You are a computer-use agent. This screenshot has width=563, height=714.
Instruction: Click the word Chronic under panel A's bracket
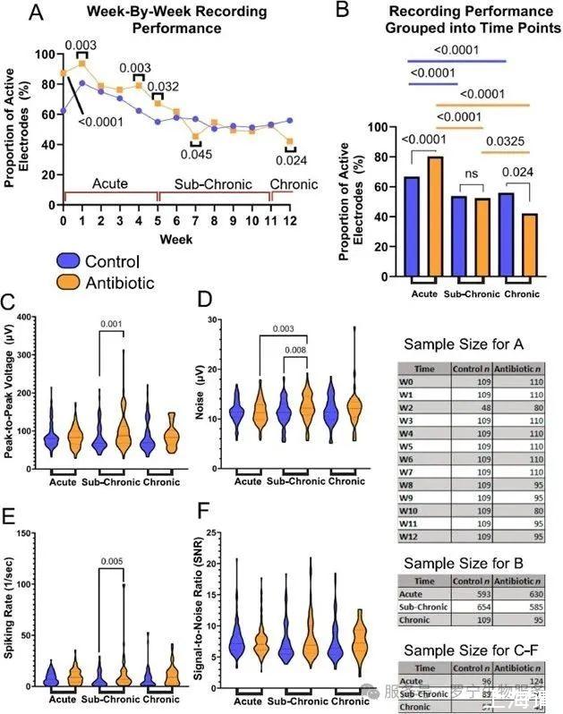tap(294, 184)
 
